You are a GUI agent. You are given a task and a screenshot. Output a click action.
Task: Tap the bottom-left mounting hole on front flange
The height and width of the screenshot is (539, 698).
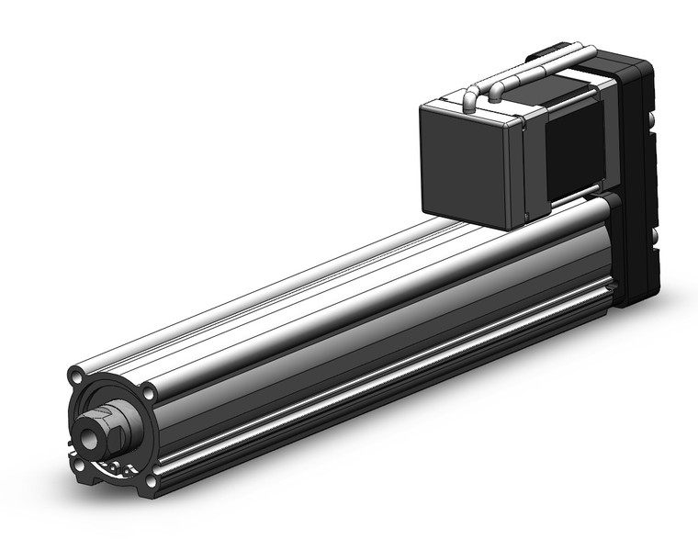(80, 465)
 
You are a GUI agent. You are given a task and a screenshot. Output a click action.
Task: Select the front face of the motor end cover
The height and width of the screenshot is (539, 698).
(465, 161)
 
